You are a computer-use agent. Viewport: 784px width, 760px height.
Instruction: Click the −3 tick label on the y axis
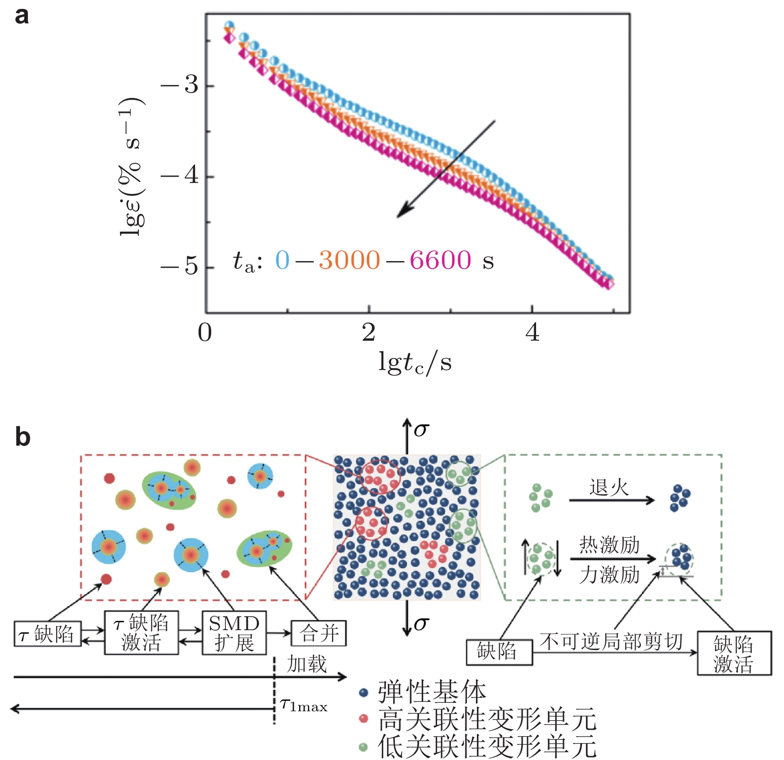pos(180,86)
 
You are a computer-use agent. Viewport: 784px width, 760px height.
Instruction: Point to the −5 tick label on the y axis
pos(180,267)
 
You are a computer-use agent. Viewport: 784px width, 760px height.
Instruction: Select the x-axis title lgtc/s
pos(415,362)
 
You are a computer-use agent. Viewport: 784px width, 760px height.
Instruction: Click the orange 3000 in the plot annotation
pos(349,260)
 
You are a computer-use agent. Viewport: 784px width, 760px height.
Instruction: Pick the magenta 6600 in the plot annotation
pos(440,260)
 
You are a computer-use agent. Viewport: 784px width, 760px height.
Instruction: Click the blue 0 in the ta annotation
pos(282,260)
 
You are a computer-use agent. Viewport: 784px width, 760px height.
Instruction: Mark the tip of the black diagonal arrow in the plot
pos(398,217)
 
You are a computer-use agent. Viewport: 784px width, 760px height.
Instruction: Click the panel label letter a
pos(21,16)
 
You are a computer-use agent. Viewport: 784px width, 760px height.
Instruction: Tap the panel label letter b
pos(22,437)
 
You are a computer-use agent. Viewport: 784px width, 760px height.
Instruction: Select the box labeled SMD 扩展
pos(234,633)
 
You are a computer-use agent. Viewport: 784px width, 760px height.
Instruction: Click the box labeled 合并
pos(319,633)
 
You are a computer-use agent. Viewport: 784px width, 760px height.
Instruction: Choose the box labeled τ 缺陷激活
pos(141,633)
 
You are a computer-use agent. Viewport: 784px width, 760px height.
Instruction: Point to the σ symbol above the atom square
pos(421,430)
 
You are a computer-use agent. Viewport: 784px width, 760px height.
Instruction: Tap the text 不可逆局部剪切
pos(611,642)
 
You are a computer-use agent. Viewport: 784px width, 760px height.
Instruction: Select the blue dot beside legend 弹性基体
pos(363,692)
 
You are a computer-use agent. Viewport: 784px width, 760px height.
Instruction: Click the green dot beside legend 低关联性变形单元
pos(363,747)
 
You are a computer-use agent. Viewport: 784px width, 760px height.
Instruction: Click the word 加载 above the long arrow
pos(307,664)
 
